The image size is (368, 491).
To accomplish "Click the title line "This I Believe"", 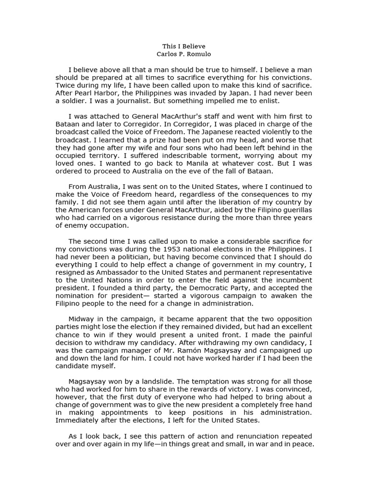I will coord(184,46).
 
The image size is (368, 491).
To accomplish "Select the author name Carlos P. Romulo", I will coord(184,54).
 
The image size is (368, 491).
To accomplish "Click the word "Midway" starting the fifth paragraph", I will coord(81,319).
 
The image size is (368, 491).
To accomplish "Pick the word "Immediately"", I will coord(77,420).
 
